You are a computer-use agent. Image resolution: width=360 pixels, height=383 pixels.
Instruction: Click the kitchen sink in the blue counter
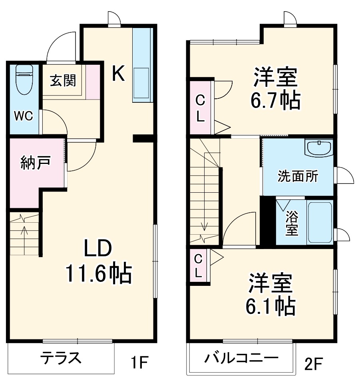[141, 82]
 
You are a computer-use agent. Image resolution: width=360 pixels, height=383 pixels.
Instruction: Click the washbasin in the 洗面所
[318, 148]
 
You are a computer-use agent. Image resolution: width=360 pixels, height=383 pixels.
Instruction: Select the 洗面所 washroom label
[298, 176]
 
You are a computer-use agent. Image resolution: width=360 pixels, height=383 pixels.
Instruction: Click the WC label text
[24, 116]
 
